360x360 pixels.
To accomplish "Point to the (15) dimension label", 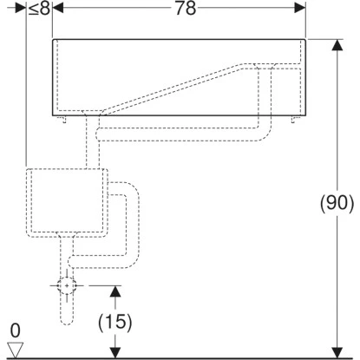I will click(x=114, y=321).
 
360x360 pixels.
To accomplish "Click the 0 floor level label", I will click(x=13, y=331).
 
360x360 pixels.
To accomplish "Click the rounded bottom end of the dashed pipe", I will click(x=67, y=324).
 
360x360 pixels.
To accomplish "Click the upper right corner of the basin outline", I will click(x=305, y=39).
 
